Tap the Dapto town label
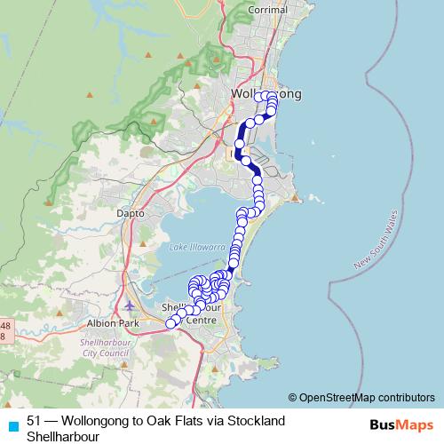[131, 214]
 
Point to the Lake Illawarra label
[193, 248]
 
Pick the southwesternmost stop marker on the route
[171, 324]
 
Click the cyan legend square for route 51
[12, 425]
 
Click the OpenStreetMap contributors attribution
[366, 398]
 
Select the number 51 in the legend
[35, 420]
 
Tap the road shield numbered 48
[4, 326]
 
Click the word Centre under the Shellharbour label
[202, 320]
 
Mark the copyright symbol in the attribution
[292, 398]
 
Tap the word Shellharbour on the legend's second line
[62, 436]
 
